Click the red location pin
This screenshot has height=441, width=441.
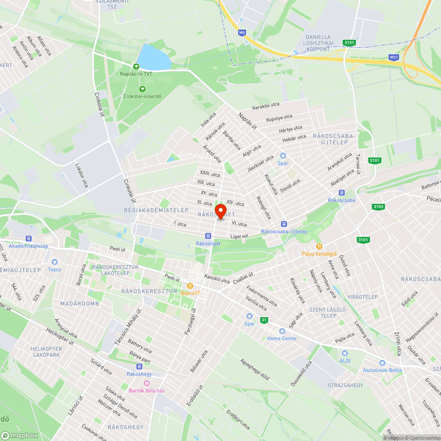click(220, 209)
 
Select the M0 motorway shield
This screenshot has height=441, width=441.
click(242, 33)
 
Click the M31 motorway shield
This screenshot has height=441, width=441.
click(394, 57)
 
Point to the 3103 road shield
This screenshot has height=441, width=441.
click(378, 206)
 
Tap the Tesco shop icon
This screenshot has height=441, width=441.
click(55, 262)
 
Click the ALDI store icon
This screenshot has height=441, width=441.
click(345, 353)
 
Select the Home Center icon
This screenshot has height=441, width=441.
click(282, 331)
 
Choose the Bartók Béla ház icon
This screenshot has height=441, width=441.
click(147, 383)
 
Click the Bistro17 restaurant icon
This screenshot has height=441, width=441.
click(191, 286)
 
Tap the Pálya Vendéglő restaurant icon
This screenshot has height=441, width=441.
click(319, 247)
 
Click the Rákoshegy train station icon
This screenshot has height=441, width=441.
click(140, 366)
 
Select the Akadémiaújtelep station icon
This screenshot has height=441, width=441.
click(29, 239)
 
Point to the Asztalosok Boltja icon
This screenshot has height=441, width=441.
click(382, 363)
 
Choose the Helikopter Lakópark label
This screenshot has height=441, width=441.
click(46, 351)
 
